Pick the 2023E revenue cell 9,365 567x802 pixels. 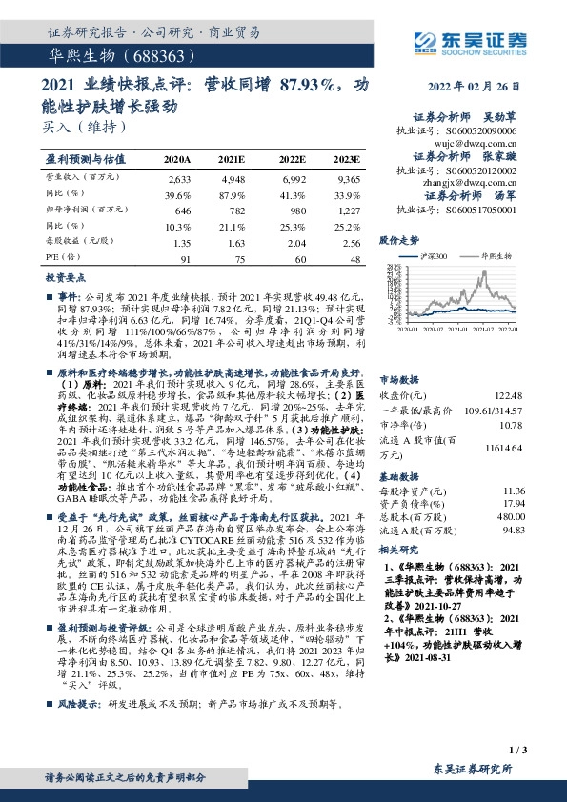pos(347,179)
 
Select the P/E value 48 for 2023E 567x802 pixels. pos(354,258)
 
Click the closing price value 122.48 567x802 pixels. pos(510,395)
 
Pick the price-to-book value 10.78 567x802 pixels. pos(514,425)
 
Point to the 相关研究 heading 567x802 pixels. pos(399,551)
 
